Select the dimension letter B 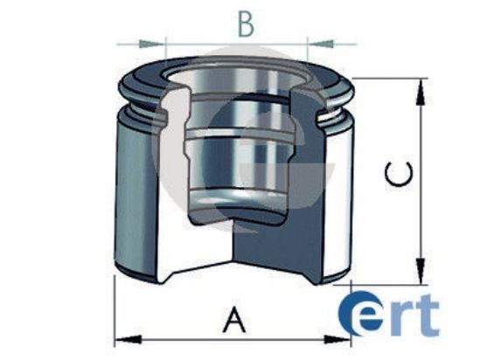[246, 24]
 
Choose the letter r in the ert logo [403, 321]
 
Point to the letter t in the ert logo [428, 317]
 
